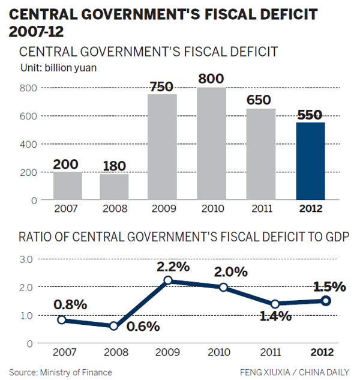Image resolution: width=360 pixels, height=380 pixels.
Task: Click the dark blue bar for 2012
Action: click(x=310, y=161)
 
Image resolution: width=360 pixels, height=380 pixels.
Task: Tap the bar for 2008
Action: click(x=115, y=187)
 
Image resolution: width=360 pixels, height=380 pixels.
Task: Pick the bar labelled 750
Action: click(x=162, y=147)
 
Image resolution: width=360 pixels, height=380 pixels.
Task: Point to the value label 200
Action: click(x=68, y=163)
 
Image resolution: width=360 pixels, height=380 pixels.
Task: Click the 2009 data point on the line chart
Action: click(x=168, y=280)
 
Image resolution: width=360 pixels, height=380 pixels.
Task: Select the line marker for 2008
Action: click(x=115, y=326)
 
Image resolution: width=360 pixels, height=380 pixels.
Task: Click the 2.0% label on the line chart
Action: click(x=230, y=271)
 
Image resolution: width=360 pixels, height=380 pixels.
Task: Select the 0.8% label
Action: click(x=70, y=304)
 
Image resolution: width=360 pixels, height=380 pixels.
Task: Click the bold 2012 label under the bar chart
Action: click(x=310, y=209)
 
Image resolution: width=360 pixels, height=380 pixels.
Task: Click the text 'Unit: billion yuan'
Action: click(x=58, y=67)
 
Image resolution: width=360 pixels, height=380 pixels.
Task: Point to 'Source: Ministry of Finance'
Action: click(x=60, y=372)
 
